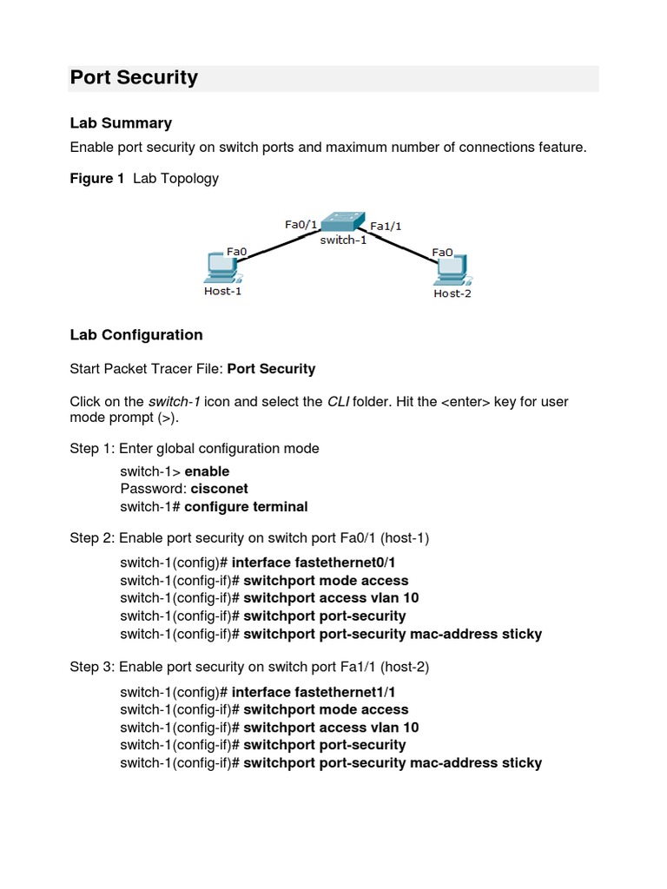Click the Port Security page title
[x=134, y=78]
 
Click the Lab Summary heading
[x=121, y=123]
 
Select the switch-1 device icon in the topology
[x=343, y=221]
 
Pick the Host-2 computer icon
[x=452, y=271]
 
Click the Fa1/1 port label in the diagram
[x=386, y=227]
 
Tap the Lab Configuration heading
[x=136, y=335]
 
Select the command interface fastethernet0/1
[x=314, y=563]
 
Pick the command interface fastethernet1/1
[x=314, y=692]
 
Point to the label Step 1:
[x=92, y=449]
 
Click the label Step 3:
[x=92, y=667]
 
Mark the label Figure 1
[x=97, y=179]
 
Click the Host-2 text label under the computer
[x=452, y=293]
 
